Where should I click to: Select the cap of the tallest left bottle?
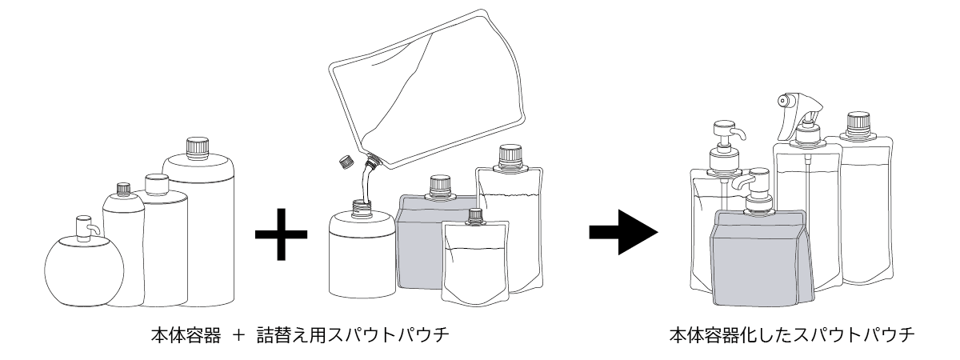coord(197,147)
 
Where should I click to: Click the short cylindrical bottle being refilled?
coord(361,256)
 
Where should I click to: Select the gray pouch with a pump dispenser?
coord(760,256)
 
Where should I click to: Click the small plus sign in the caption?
coord(238,335)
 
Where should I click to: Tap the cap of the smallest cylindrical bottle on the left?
coord(122,190)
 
